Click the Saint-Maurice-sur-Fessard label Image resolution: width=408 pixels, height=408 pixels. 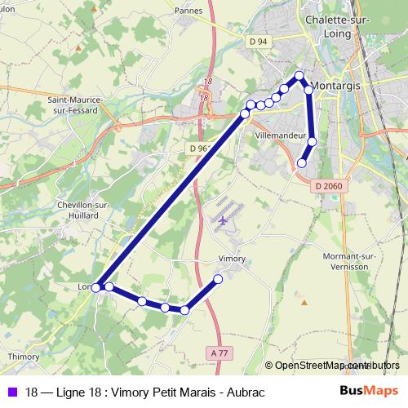tap(75, 105)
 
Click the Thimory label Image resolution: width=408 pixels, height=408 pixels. tap(23, 357)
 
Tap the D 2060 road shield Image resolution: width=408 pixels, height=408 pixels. tap(329, 186)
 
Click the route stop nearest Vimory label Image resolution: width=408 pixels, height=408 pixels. tap(218, 280)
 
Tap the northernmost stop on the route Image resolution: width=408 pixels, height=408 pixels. tap(299, 76)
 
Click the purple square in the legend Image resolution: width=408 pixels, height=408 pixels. tap(13, 392)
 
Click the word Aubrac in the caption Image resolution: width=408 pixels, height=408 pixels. tap(248, 392)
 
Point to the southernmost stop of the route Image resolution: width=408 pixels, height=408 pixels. tap(185, 310)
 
